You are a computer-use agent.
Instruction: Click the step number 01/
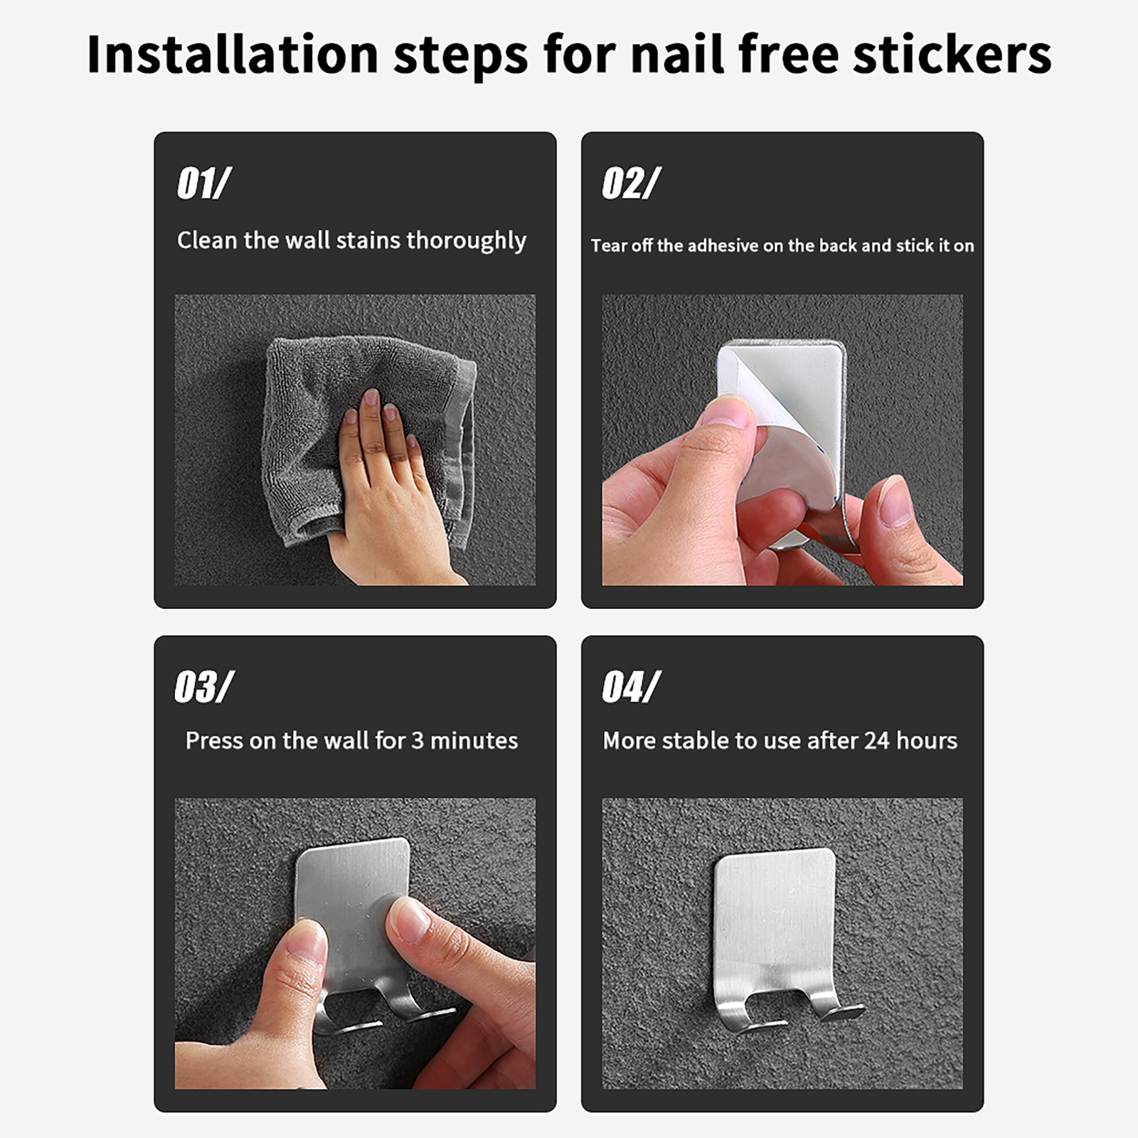click(203, 184)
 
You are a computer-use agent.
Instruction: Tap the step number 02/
click(631, 184)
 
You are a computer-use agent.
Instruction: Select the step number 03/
click(203, 687)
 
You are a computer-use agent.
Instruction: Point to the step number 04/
click(631, 687)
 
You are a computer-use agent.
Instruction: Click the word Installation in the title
click(233, 54)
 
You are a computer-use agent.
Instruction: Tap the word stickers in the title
click(952, 54)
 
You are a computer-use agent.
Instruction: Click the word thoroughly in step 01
click(466, 241)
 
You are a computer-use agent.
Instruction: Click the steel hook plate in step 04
click(774, 918)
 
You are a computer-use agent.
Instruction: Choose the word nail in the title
click(678, 54)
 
